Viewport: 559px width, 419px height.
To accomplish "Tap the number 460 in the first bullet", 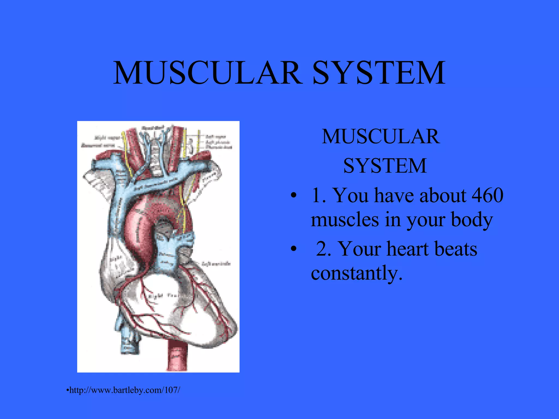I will coord(487,195).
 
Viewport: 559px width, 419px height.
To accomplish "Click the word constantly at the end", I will coord(356,273).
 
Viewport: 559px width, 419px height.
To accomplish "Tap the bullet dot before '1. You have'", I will coord(293,196).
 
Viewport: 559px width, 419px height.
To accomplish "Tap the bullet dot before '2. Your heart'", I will coord(293,249).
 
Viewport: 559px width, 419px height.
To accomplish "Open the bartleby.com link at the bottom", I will coord(124,390).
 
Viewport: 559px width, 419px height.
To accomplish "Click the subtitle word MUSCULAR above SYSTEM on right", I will coord(381,136).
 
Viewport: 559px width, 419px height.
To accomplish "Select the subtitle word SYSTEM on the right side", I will coord(385,166).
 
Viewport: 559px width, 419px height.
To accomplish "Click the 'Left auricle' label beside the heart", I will coord(216,264).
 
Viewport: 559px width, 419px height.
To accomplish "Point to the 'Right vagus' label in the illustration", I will coord(107,137).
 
